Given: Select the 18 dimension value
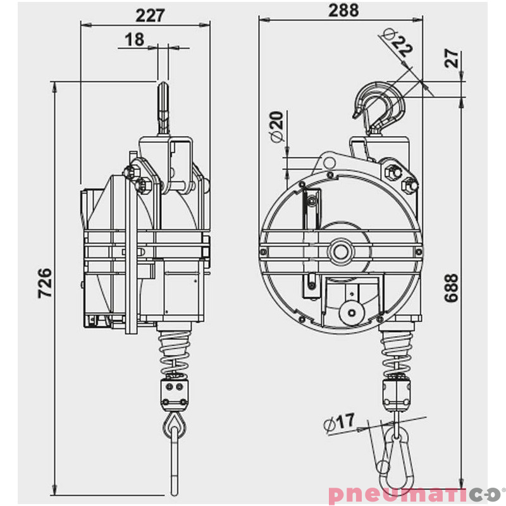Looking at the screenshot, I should tap(134, 39).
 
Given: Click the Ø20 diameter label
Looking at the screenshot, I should tap(276, 128).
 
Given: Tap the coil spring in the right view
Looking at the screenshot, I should tap(397, 351).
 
